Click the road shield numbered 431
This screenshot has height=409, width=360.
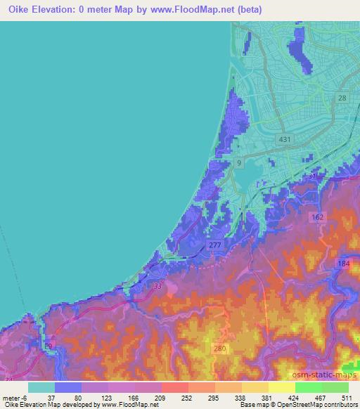click(x=284, y=140)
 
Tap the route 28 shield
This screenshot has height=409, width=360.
click(x=342, y=98)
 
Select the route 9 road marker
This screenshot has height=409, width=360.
click(x=239, y=163)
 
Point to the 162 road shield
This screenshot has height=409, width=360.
click(x=318, y=217)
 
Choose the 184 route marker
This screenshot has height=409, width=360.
click(x=343, y=264)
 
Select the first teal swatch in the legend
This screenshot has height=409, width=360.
click(x=41, y=387)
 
